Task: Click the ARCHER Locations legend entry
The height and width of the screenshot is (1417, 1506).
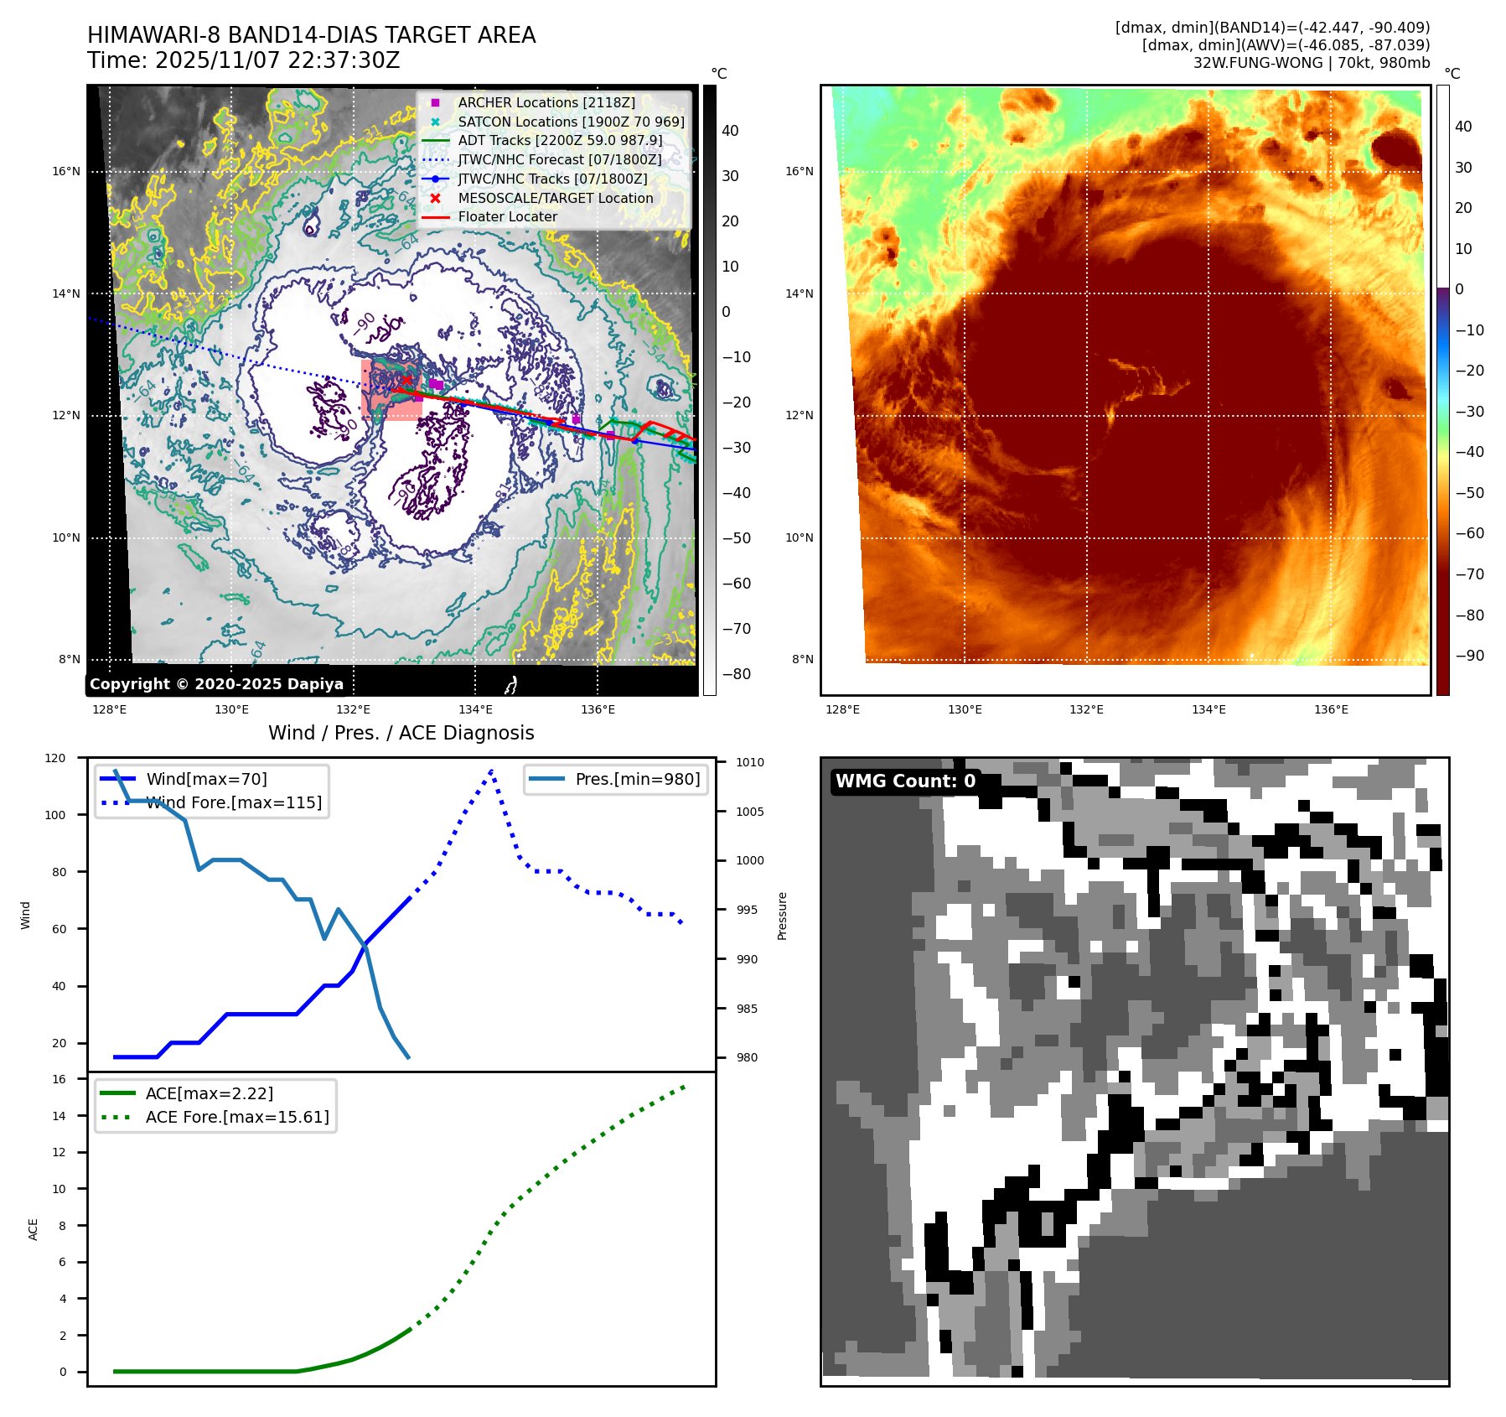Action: (546, 102)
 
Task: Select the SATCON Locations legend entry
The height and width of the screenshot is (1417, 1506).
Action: (570, 122)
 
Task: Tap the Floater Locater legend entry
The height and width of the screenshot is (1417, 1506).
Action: (507, 216)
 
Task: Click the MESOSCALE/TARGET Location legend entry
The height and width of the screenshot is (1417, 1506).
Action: (555, 198)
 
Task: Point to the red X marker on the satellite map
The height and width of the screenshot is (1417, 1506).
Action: (407, 380)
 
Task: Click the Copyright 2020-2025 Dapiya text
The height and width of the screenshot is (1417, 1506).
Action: (216, 684)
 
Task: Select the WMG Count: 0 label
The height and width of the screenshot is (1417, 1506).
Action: (905, 781)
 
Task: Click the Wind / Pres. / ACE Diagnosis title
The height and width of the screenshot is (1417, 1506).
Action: (401, 733)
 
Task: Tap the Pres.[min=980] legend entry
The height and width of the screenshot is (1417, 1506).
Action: (637, 779)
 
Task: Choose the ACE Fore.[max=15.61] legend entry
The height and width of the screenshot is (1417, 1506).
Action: (237, 1117)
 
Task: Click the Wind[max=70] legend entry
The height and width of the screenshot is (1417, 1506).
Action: (206, 779)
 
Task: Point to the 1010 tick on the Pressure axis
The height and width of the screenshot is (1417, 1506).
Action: (750, 762)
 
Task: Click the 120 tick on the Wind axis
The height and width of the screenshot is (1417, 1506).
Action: (55, 758)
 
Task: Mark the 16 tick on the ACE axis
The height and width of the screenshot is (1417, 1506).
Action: (60, 1079)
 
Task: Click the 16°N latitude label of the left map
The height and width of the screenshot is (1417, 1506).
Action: (66, 172)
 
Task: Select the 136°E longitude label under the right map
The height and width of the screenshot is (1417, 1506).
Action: (1331, 709)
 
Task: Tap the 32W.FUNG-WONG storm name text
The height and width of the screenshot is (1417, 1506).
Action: (1257, 63)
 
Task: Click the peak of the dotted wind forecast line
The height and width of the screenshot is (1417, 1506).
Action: (491, 771)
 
